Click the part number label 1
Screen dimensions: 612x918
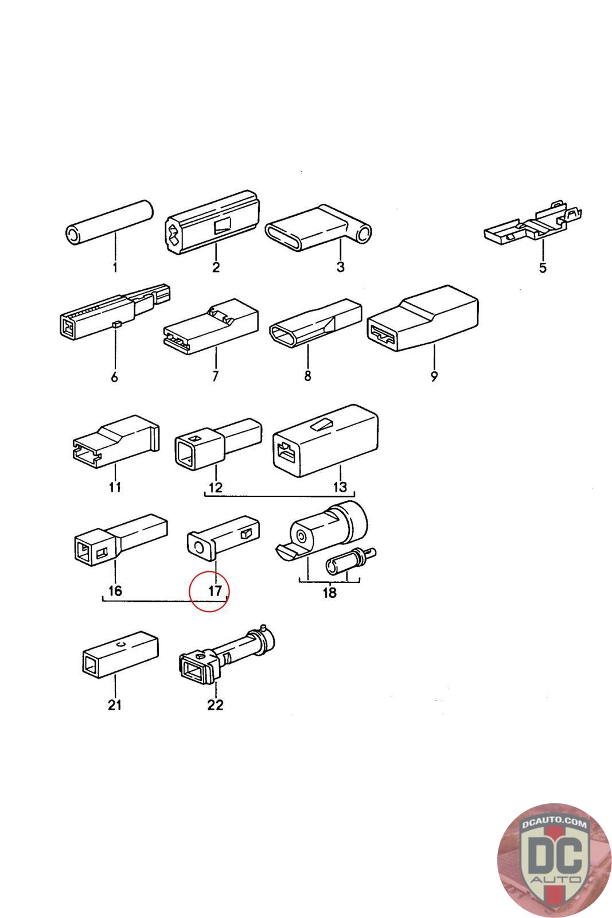(114, 267)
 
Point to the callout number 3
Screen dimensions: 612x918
(340, 267)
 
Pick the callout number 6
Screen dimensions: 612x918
(114, 377)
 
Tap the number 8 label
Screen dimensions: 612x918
(307, 376)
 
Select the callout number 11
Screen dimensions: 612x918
(115, 487)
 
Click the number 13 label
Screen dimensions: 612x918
(340, 487)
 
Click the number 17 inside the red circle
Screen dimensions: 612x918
(215, 590)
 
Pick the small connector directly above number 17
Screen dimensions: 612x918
(224, 536)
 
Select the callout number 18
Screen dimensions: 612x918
(329, 593)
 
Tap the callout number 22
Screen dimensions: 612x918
(215, 705)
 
